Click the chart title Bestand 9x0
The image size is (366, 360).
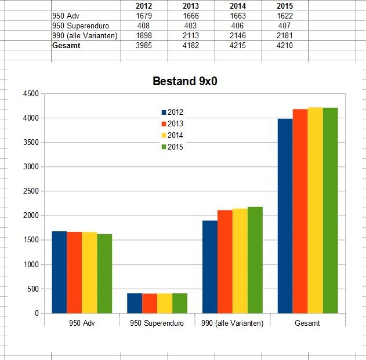pyautogui.click(x=184, y=81)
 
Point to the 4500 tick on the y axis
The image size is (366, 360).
pyautogui.click(x=30, y=93)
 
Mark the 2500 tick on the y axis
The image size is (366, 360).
pyautogui.click(x=30, y=191)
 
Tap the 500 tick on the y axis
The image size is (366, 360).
pyautogui.click(x=32, y=289)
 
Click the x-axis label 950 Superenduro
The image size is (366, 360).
pyautogui.click(x=157, y=323)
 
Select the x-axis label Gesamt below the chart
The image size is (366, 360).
pyautogui.click(x=307, y=323)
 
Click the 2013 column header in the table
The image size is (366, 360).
pyautogui.click(x=190, y=6)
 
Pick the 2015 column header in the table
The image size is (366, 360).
pyautogui.click(x=284, y=6)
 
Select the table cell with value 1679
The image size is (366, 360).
pyautogui.click(x=143, y=16)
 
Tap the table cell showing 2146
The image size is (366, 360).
pyautogui.click(x=237, y=36)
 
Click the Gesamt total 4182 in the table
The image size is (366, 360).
pyautogui.click(x=190, y=46)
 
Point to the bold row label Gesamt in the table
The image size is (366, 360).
pyautogui.click(x=66, y=46)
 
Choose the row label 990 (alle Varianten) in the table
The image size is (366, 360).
pyautogui.click(x=85, y=36)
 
